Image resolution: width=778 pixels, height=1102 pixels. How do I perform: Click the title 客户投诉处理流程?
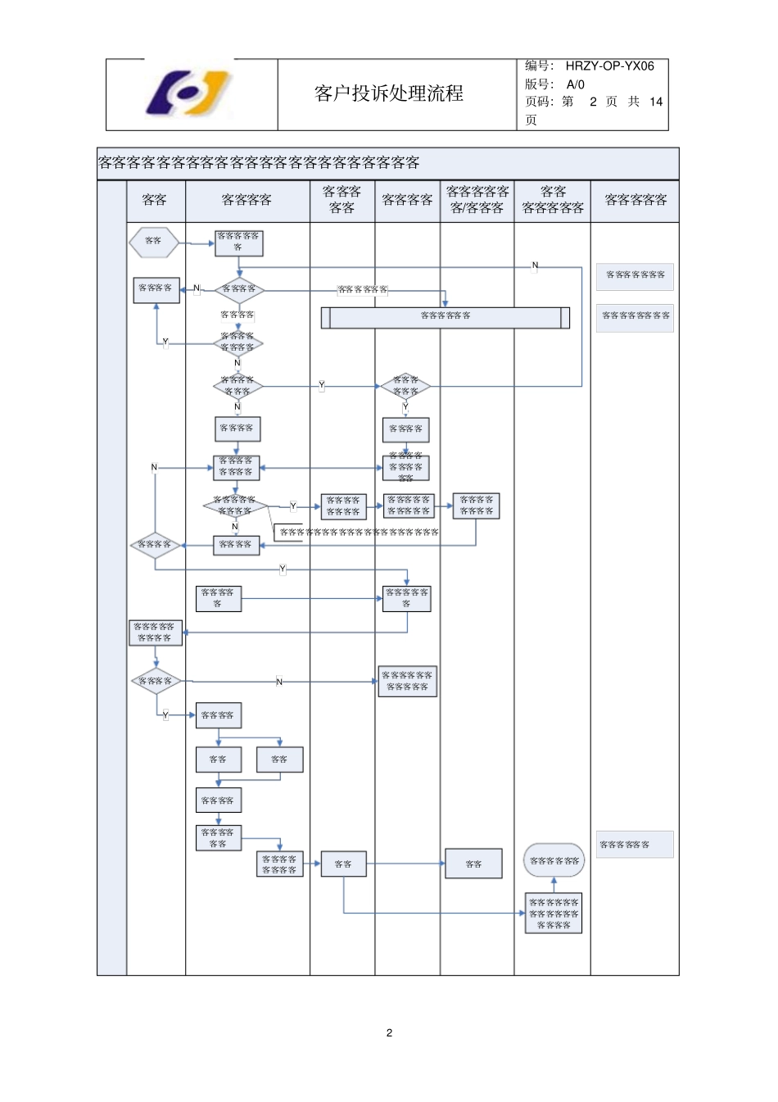[389, 94]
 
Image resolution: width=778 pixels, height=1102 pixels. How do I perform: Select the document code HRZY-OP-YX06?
[609, 66]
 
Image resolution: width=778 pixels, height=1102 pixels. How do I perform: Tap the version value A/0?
[575, 84]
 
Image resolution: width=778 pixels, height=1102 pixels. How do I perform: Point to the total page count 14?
[655, 102]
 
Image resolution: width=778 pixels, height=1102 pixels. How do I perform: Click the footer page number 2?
[389, 1032]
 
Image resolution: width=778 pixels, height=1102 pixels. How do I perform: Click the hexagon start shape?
[154, 243]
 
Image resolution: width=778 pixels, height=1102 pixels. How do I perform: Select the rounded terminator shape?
[554, 860]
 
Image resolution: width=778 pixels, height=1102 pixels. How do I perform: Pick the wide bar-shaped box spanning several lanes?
[445, 317]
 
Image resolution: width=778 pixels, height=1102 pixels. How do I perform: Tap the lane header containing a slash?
[477, 200]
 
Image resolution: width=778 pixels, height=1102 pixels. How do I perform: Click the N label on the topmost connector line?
[535, 265]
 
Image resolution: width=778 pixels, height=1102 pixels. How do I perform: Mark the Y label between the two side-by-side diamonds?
[322, 385]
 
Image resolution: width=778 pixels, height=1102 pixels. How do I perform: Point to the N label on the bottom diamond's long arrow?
[279, 682]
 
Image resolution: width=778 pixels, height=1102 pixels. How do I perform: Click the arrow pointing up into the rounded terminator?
[554, 885]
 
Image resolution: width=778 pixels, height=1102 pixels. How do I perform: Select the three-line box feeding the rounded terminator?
[554, 914]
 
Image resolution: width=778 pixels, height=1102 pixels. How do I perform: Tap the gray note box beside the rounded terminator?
[634, 845]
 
